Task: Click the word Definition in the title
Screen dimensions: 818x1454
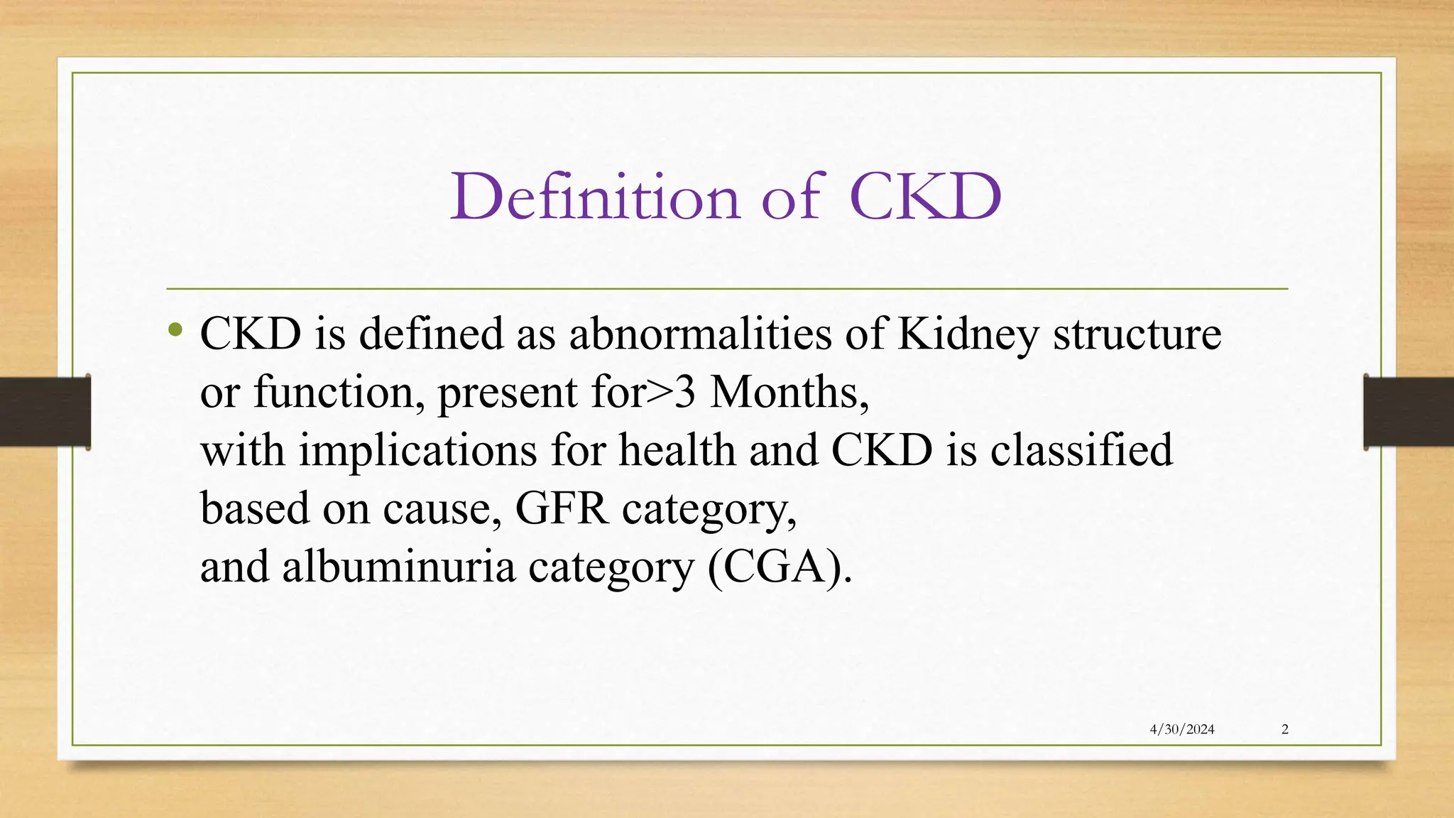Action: coord(596,197)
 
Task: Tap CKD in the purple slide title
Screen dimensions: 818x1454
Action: coord(924,197)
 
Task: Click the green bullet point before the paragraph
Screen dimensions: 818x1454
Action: coord(175,329)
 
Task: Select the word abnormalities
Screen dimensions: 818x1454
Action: coord(700,334)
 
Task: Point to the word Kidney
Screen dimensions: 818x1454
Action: coord(968,334)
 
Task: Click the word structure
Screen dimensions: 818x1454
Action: coord(1137,334)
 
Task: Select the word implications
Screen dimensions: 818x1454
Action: coord(417,451)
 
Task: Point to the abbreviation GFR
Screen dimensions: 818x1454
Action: coord(562,509)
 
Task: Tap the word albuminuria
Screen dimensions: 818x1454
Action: coord(398,567)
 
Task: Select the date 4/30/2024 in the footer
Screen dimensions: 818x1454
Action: coord(1182,729)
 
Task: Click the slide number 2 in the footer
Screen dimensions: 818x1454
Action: coord(1285,729)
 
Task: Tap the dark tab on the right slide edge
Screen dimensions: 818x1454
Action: coord(1409,412)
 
